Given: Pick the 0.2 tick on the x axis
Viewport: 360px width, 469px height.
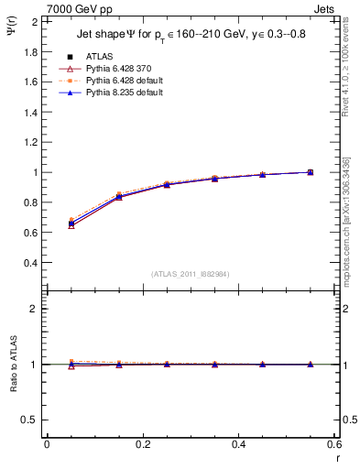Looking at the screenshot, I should pyautogui.click(x=143, y=444).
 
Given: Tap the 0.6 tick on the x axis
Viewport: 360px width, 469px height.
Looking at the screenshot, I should pyautogui.click(x=333, y=444).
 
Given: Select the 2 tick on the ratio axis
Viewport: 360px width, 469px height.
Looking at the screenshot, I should pyautogui.click(x=34, y=309).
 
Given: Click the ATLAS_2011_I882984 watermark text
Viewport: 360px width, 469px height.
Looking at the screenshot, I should pyautogui.click(x=191, y=274).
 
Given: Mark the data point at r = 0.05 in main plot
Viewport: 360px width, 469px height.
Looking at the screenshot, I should pyautogui.click(x=71, y=223).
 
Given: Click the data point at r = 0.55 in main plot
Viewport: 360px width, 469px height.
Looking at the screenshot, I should pyautogui.click(x=311, y=172).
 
